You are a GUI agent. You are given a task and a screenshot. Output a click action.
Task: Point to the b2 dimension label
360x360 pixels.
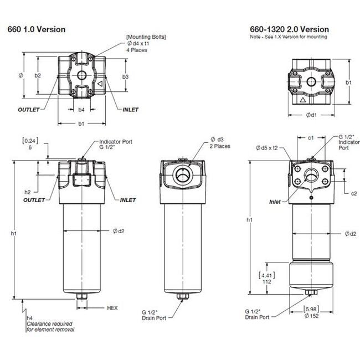38,75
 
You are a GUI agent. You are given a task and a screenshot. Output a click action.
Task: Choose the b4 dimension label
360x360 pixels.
81,110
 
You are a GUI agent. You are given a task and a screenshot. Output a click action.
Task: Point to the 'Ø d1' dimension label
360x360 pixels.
311,115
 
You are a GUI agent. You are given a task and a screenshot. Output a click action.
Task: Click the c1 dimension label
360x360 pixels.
311,137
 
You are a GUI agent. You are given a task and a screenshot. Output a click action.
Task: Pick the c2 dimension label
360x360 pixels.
353,193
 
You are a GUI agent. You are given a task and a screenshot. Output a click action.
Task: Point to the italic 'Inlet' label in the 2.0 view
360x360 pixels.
278,201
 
